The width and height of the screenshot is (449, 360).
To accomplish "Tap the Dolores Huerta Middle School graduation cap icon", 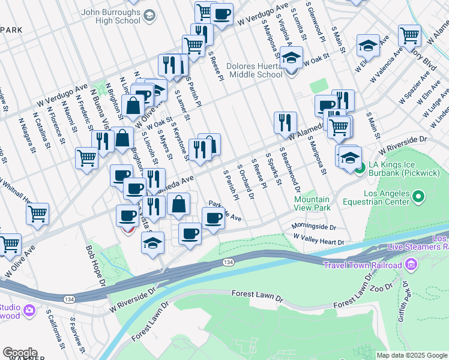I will [x=292, y=59].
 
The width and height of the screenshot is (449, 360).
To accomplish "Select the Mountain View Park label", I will [x=312, y=203].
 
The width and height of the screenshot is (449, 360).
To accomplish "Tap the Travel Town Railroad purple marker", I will [x=411, y=264].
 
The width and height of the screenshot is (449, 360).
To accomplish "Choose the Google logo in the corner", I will [x=20, y=353].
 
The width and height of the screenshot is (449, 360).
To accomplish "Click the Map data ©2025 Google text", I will [x=412, y=355].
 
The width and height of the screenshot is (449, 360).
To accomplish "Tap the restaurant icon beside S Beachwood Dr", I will [x=285, y=122].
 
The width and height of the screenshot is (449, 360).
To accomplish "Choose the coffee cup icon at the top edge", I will [x=221, y=13].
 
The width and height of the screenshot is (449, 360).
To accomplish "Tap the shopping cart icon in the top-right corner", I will [x=409, y=35].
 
